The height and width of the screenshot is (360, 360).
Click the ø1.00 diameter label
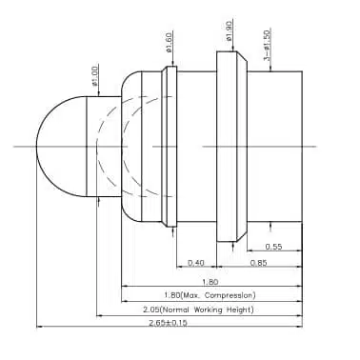coord(95,74)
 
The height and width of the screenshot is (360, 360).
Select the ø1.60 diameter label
coord(170,42)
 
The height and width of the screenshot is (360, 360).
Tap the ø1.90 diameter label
coord(230,30)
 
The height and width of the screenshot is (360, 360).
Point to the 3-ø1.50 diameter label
coord(267,45)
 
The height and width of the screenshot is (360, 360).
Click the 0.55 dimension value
coord(273,247)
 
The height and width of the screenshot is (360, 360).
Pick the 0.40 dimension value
coord(196,263)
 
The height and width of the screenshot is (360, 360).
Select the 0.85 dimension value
coord(258,263)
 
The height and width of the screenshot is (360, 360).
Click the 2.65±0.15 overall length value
coord(169,323)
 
